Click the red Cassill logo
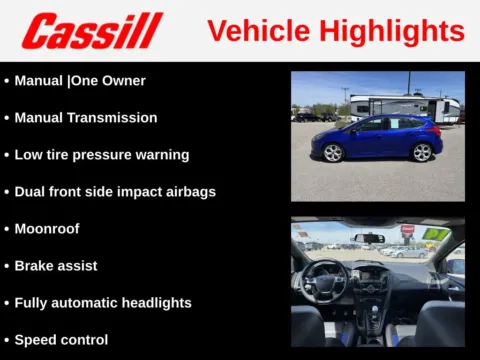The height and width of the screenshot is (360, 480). tap(92, 31)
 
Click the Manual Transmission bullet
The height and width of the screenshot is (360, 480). tap(85, 117)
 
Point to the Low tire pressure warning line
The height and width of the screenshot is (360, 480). tap(101, 154)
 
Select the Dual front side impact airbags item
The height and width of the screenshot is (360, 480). tap(115, 191)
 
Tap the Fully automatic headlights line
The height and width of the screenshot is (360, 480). tap(103, 302)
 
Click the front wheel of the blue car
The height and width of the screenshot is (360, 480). tap(333, 152)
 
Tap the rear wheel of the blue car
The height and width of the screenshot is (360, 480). tap(422, 152)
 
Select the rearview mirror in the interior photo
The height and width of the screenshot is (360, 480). tap(369, 238)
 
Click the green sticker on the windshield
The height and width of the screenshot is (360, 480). tap(435, 234)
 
